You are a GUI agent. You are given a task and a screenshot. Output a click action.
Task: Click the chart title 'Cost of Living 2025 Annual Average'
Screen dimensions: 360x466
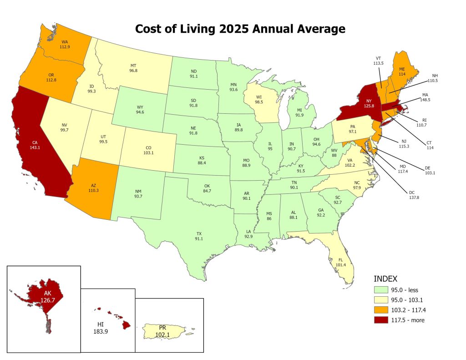click(240, 29)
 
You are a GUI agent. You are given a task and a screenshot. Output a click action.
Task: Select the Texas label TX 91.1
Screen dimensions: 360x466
click(199, 236)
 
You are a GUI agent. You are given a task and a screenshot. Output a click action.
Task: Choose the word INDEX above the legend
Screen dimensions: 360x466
click(386, 279)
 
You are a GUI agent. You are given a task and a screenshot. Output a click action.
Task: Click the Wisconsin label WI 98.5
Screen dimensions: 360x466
click(259, 100)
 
